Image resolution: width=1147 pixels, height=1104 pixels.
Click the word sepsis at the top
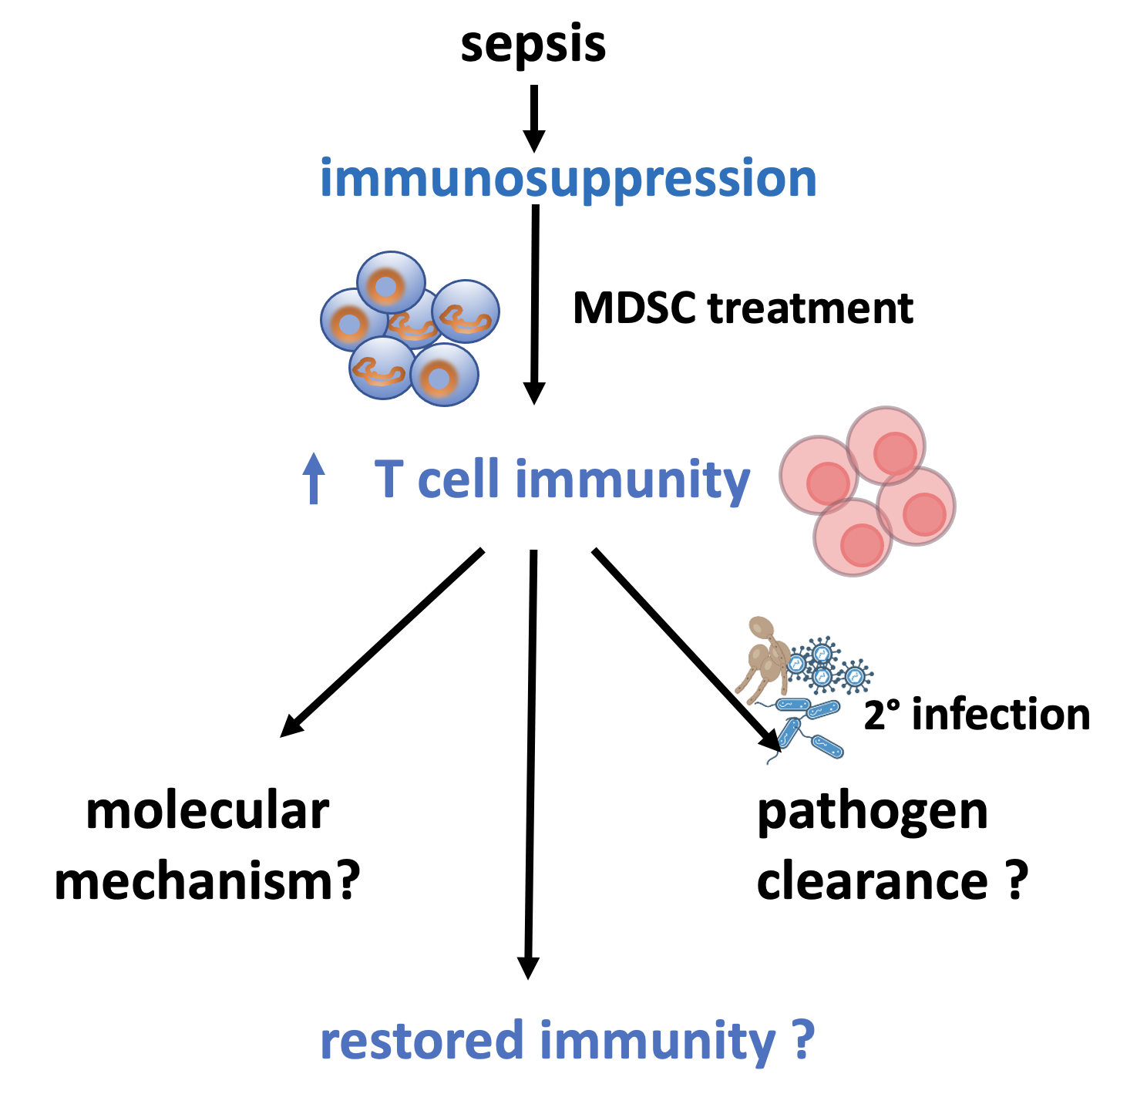[533, 45]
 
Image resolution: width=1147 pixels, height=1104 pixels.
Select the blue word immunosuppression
[568, 179]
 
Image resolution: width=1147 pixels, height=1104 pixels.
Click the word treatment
[810, 308]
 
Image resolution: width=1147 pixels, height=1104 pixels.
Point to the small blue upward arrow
[314, 478]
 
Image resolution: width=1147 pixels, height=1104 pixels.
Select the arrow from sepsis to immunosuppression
[534, 119]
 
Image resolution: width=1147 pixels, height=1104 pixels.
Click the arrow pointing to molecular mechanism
[382, 642]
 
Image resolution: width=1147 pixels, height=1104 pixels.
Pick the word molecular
[207, 812]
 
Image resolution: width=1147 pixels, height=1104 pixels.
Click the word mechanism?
[207, 882]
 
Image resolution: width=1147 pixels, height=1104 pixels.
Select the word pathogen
[873, 814]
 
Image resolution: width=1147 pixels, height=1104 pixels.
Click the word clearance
[873, 883]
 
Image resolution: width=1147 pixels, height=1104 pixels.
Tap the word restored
[422, 1040]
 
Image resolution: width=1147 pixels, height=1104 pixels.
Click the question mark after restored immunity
[804, 1040]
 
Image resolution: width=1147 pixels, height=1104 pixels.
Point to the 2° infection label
[977, 715]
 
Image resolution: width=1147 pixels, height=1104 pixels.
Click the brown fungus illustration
[763, 659]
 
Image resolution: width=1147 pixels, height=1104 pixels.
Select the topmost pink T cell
[886, 446]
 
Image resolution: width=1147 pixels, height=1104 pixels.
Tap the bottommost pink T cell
[853, 537]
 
